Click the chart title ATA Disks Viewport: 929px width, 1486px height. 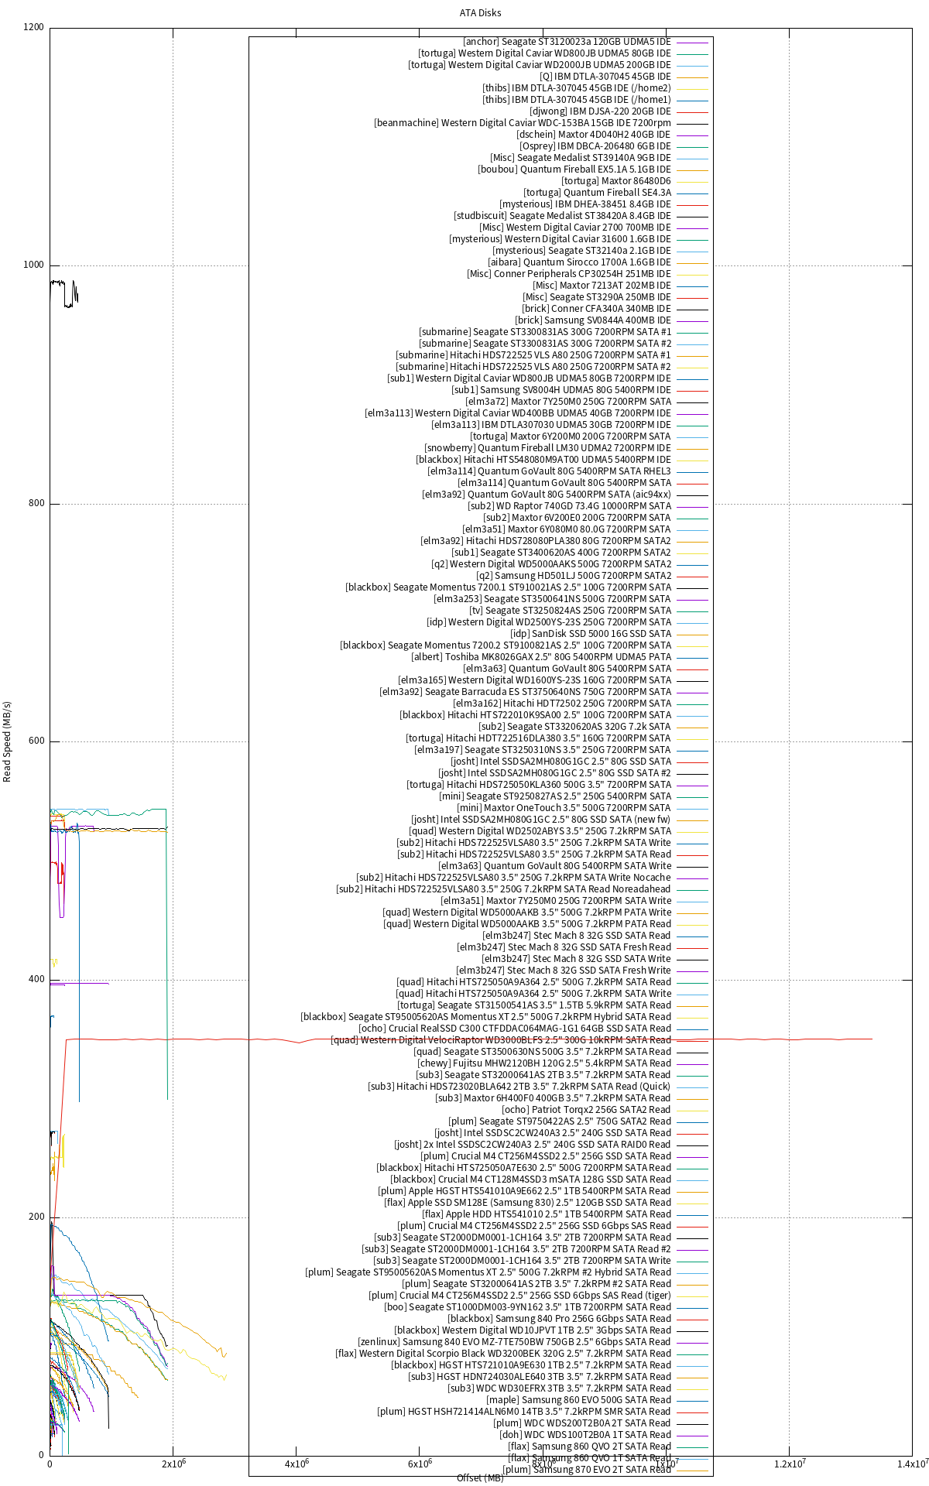pyautogui.click(x=480, y=12)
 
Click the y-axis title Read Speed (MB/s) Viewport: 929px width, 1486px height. pyautogui.click(x=8, y=741)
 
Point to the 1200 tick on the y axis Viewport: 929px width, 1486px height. pyautogui.click(x=34, y=27)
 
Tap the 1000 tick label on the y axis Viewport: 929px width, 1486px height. pyautogui.click(x=34, y=265)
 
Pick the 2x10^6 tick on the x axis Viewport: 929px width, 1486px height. pyautogui.click(x=173, y=1464)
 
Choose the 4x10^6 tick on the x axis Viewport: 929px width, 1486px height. pyautogui.click(x=296, y=1464)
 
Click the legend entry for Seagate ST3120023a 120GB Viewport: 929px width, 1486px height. pyautogui.click(x=567, y=42)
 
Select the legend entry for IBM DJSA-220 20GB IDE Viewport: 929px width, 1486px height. pyautogui.click(x=600, y=111)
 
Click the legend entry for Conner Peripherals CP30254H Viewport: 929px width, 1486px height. pyautogui.click(x=568, y=274)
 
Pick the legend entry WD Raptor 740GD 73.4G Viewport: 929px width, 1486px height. pyautogui.click(x=569, y=506)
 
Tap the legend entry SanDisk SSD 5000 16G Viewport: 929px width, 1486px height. pyautogui.click(x=591, y=634)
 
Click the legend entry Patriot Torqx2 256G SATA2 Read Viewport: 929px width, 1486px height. pyautogui.click(x=586, y=1110)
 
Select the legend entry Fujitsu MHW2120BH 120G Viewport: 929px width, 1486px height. pyautogui.click(x=544, y=1063)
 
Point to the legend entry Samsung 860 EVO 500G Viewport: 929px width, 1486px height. pyautogui.click(x=578, y=1400)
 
